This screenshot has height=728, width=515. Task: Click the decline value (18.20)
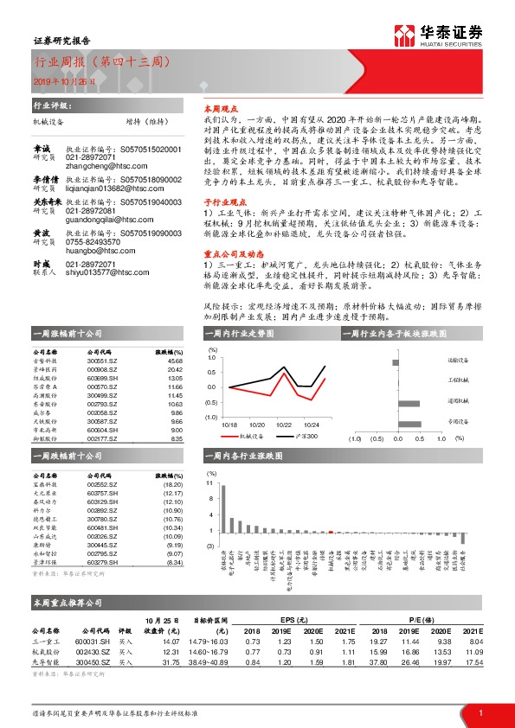pos(172,485)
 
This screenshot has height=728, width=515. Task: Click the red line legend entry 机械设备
pos(243,437)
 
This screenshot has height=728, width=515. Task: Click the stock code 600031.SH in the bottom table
pos(86,641)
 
